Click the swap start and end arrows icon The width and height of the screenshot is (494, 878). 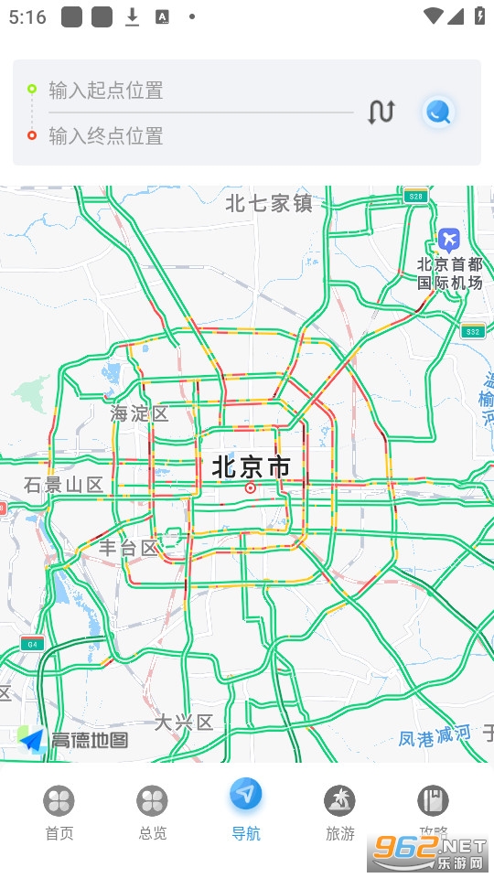click(x=381, y=112)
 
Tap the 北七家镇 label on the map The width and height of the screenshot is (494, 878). click(x=269, y=203)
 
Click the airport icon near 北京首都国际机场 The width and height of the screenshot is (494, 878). click(x=448, y=240)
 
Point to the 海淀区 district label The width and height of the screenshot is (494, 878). click(x=140, y=413)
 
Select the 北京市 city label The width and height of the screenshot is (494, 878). click(x=251, y=467)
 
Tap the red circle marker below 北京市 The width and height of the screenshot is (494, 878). click(x=251, y=488)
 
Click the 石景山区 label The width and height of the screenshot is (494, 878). click(x=64, y=485)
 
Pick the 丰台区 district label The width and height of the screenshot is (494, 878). click(x=129, y=548)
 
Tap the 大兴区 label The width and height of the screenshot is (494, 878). click(x=183, y=723)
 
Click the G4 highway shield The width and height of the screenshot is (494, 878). click(x=32, y=643)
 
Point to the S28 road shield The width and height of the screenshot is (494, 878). click(x=415, y=196)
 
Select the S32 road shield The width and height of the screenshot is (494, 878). click(x=472, y=331)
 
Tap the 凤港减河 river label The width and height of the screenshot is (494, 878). click(x=435, y=735)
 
